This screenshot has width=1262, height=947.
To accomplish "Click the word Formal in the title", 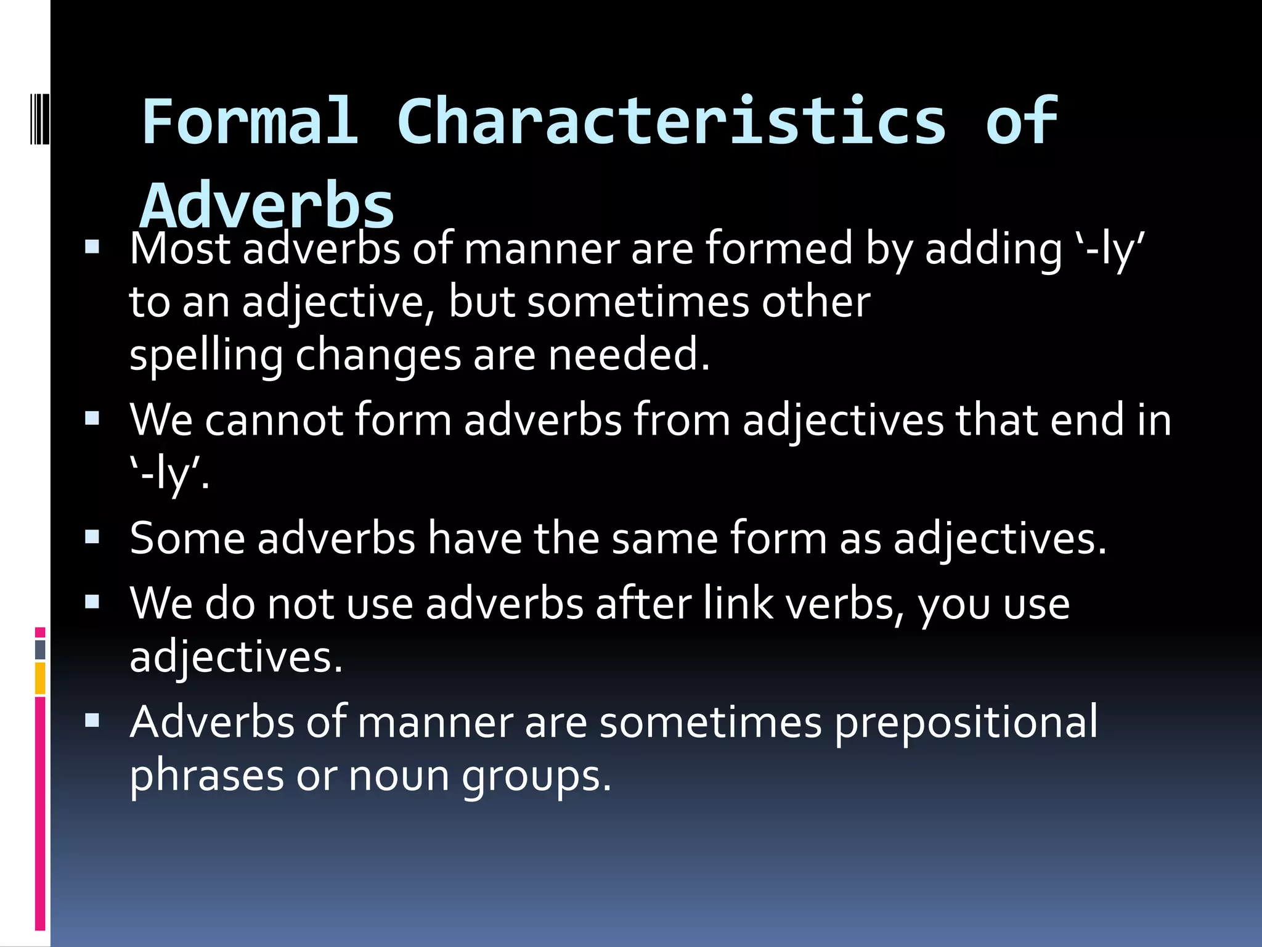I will pos(250,121).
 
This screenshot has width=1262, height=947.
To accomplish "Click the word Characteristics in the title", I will pos(672,121).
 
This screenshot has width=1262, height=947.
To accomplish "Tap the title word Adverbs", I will pos(267,206).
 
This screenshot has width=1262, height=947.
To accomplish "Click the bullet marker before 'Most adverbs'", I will pos(92,248).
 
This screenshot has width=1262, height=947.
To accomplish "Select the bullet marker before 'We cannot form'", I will pos(92,419).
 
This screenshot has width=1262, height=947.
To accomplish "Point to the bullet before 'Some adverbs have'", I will pos(92,538).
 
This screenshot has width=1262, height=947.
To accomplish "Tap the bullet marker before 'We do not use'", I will pos(92,602).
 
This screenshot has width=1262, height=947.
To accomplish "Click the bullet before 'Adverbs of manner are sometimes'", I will pos(92,720).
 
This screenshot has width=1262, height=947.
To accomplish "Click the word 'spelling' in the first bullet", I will pos(206,356).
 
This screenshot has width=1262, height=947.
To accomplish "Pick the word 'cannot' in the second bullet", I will pos(274,420).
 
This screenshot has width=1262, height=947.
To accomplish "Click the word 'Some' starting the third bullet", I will pos(187,538).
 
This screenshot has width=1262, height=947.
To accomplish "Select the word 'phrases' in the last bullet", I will pos(206,776).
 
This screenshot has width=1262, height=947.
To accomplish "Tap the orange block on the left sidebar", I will pos(40,678).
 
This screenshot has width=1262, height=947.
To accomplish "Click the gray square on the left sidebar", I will pos(40,649).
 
